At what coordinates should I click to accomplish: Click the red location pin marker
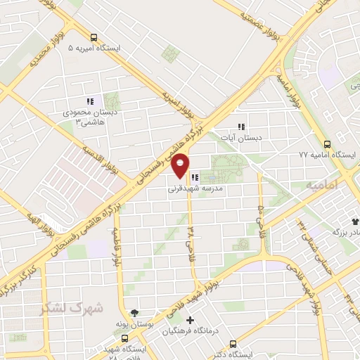point(181,165)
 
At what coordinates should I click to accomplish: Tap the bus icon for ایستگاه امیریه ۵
point(94,37)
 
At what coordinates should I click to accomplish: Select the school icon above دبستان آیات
point(241,127)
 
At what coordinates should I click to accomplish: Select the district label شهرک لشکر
point(72,307)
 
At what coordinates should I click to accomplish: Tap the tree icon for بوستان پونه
point(135,313)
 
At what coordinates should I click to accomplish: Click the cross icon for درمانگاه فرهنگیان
point(190,320)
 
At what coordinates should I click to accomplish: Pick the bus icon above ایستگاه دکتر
point(233,344)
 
